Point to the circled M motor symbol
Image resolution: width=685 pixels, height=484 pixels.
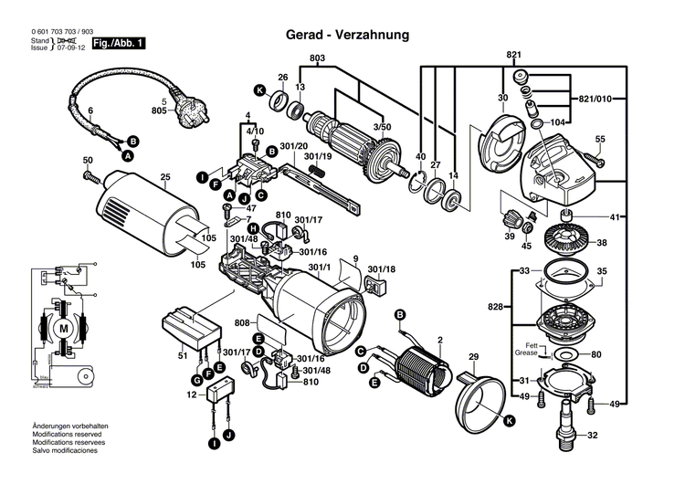coord(62,328)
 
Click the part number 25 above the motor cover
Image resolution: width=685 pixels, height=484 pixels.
coord(165,177)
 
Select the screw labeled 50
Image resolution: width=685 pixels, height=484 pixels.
coord(89,173)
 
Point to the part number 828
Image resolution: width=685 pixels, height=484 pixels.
coord(495,308)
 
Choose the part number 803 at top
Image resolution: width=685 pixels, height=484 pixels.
coord(317,58)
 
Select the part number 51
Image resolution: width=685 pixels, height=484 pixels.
coord(183,355)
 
